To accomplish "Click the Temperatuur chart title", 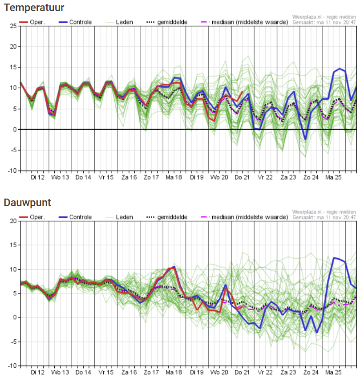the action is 34,8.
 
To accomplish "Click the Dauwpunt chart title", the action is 27,203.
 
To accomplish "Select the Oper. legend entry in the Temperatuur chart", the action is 32,22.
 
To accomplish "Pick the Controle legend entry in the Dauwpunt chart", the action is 75,217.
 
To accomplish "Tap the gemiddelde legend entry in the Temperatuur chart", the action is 167,22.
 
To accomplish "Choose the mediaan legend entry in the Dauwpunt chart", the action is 245,217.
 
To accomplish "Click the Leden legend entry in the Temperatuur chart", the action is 119,22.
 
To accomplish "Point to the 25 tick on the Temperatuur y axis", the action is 13,26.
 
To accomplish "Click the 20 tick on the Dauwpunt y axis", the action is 13,221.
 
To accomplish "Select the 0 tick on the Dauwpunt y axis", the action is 15,317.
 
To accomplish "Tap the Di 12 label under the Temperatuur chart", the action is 37,178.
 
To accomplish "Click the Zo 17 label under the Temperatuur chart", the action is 151,178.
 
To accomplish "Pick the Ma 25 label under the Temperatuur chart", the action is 333,178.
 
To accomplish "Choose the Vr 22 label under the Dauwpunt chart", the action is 265,373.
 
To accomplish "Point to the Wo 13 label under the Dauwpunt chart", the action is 60,373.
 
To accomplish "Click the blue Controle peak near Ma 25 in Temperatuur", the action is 340,69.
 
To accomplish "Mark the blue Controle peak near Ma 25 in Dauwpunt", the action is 334,258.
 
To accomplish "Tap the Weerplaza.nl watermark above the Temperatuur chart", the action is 324,17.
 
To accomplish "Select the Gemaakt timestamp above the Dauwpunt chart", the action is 324,217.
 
